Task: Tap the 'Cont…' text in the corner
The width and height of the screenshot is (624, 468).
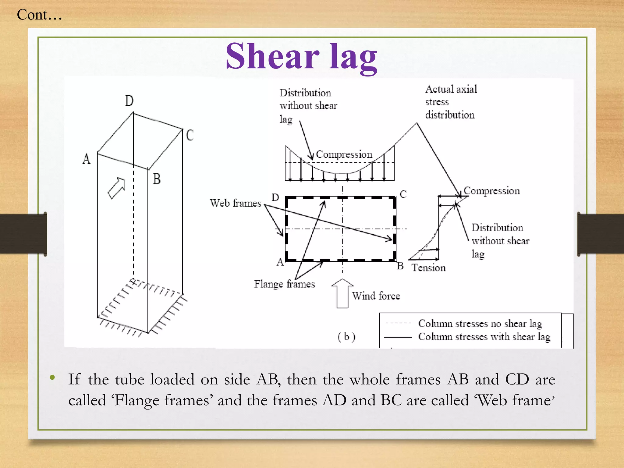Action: click(x=39, y=15)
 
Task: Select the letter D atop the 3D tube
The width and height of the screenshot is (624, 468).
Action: click(x=129, y=101)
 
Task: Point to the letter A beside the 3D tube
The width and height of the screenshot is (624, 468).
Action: click(x=87, y=159)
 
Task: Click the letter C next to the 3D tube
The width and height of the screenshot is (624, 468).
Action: click(x=190, y=135)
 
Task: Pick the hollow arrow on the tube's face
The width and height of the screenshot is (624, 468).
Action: click(x=117, y=188)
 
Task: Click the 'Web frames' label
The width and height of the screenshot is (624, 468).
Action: click(x=236, y=203)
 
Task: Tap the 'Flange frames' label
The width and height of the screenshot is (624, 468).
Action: click(x=284, y=284)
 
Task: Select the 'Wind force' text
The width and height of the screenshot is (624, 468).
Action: click(x=376, y=296)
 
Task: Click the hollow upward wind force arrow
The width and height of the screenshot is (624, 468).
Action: click(x=342, y=293)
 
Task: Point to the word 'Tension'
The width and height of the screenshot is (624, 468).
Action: click(x=429, y=268)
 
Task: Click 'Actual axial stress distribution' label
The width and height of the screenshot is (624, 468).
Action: click(x=451, y=102)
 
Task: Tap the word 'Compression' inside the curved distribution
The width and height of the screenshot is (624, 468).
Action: click(x=344, y=154)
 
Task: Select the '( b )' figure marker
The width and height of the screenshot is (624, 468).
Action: click(x=346, y=337)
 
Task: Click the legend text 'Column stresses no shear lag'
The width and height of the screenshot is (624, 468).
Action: click(x=480, y=323)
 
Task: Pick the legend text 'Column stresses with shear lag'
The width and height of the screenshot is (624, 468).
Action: click(x=484, y=337)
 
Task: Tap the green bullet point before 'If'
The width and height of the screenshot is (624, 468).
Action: click(x=52, y=378)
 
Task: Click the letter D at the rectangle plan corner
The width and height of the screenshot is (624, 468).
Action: click(x=275, y=198)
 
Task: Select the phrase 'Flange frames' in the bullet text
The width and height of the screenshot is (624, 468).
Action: click(x=163, y=400)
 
